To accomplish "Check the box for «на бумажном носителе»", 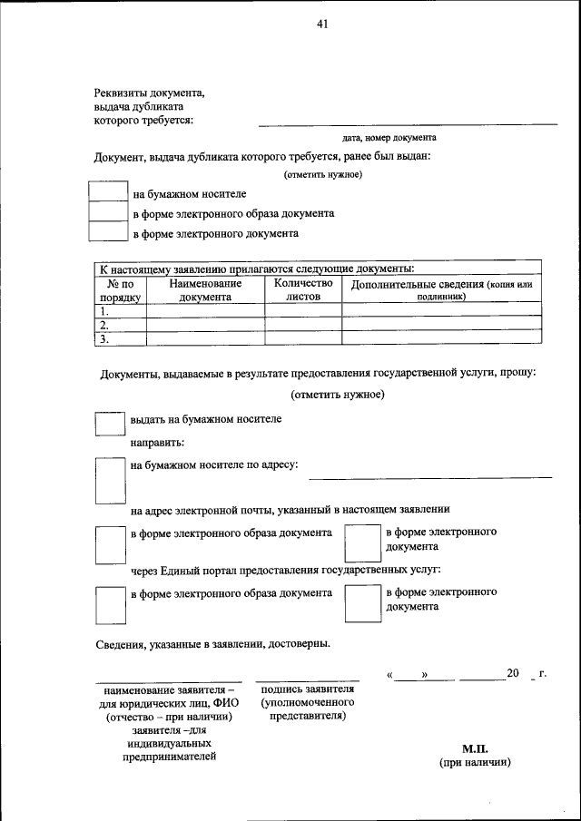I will tap(107, 192).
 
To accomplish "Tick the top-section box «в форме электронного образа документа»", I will tap(107, 212).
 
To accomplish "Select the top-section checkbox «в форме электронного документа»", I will tap(107, 232).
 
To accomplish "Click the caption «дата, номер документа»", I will tap(389, 138).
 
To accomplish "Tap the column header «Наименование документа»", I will tap(204, 289).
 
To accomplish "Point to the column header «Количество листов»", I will tap(303, 289).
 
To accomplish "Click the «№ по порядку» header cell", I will tap(120, 289).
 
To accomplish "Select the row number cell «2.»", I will tap(120, 324).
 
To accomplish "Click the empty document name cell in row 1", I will tap(204, 310).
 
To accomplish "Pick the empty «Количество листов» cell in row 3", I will tap(303, 338).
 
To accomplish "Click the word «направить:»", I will tap(157, 443).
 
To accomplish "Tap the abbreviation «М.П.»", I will tap(475, 749).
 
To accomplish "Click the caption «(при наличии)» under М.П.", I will tap(475, 763).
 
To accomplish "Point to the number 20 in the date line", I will tap(513, 673).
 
